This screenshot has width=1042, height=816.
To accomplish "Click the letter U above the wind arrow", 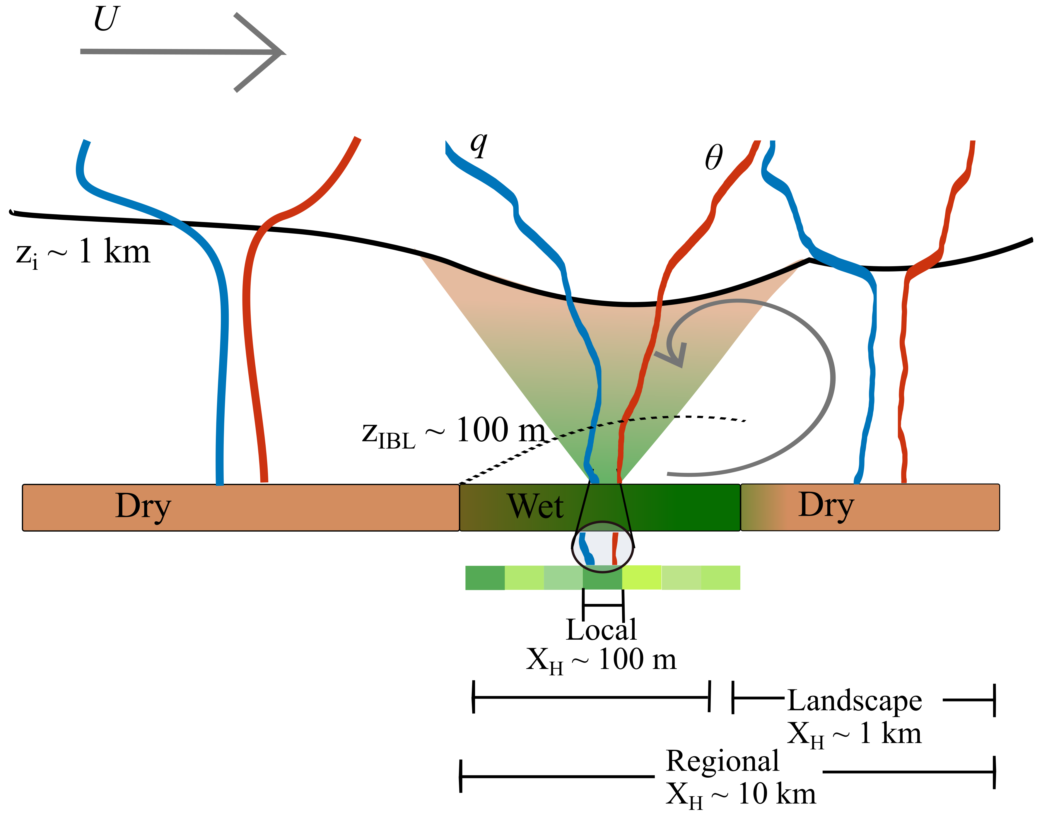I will (x=106, y=19).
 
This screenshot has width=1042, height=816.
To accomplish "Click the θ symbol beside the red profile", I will (x=713, y=158).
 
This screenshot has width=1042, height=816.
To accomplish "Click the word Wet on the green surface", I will (x=535, y=506).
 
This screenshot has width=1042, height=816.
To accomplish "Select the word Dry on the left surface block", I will (x=143, y=506).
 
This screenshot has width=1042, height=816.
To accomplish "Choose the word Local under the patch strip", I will (x=601, y=630).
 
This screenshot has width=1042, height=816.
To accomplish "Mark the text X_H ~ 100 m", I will (x=601, y=661).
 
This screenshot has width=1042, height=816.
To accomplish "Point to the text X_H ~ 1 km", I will (x=854, y=734).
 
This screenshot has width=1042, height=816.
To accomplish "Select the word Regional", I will (x=722, y=761).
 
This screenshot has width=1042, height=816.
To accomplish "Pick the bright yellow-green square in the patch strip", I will (x=642, y=578).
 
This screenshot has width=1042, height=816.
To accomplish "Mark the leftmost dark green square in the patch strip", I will (x=485, y=578).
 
